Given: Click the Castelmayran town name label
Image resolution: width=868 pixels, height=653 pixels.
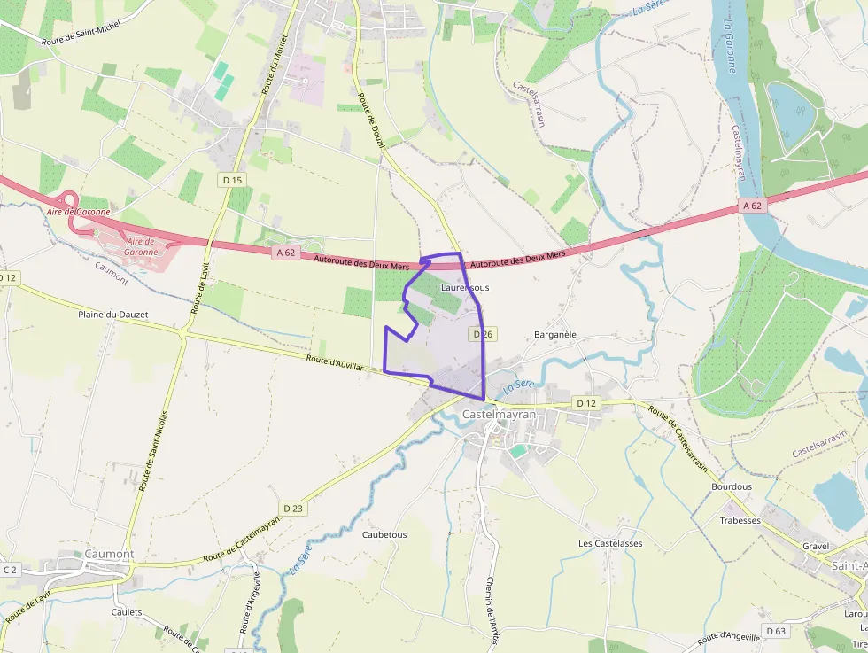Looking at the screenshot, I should point(500,414).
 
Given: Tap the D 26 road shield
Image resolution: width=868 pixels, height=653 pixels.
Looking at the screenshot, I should point(482,334).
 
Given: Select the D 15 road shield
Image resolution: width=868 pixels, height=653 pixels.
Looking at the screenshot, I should point(232,180).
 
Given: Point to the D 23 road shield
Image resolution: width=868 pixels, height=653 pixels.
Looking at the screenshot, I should point(293,508).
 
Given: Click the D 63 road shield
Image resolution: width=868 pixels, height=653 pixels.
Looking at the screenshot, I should point(776,631).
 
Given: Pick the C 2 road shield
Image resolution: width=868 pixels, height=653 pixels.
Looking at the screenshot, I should point(10,570).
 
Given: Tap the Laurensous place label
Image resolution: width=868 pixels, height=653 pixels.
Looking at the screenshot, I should point(465,288).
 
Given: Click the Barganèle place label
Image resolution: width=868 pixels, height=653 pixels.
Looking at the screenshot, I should point(555,335).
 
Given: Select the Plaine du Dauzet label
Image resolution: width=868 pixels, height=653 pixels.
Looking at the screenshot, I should point(113,315).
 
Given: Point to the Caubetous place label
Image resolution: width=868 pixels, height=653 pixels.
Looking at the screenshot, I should point(384,535).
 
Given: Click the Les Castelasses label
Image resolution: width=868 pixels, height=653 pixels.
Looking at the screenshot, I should point(610,543).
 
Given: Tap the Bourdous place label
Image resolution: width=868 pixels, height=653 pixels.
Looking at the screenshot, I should point(732,486).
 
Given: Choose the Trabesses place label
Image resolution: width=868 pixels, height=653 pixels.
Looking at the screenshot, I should point(740,520).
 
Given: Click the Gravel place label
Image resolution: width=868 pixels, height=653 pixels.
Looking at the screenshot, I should point(816,546).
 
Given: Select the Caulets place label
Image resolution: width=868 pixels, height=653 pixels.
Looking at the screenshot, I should point(127,612).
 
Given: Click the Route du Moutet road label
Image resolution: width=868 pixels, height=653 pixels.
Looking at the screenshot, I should point(273,65).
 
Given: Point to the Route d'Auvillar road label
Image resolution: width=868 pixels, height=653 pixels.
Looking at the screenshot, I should point(336,364).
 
